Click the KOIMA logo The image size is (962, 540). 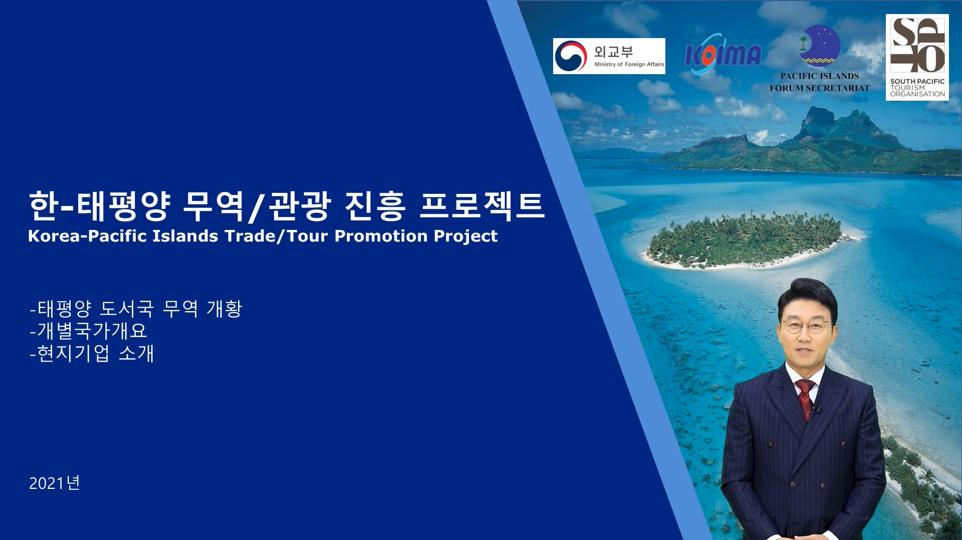pyautogui.click(x=723, y=54)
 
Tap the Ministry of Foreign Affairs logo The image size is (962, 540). pyautogui.click(x=609, y=56)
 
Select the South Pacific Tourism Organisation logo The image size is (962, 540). pyautogui.click(x=917, y=57)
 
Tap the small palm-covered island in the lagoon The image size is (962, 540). pyautogui.click(x=744, y=240)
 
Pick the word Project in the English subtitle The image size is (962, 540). pyautogui.click(x=465, y=236)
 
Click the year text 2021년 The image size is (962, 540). pyautogui.click(x=55, y=483)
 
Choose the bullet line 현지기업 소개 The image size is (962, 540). pyautogui.click(x=92, y=353)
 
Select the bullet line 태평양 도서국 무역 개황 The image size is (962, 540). pyautogui.click(x=136, y=308)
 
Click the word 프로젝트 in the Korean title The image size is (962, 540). pyautogui.click(x=482, y=205)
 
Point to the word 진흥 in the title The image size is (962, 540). pyautogui.click(x=374, y=205)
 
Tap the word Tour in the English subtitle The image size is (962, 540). pyautogui.click(x=308, y=236)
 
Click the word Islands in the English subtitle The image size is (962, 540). pyautogui.click(x=185, y=236)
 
